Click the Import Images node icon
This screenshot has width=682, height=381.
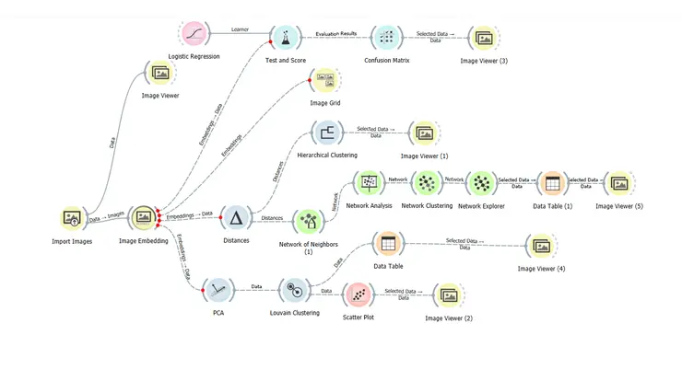coord(72,218)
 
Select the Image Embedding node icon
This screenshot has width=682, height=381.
coord(143,218)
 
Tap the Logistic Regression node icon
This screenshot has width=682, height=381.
coord(195,36)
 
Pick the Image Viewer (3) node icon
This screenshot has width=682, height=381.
coord(484,38)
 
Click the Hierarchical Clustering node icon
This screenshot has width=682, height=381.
coord(326,133)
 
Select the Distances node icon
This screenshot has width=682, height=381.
coord(236,218)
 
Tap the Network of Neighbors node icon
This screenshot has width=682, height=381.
coord(307,221)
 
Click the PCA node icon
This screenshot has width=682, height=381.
coord(218,290)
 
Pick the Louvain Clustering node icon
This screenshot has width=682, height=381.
coord(293,290)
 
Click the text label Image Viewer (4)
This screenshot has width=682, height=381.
coord(541,268)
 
